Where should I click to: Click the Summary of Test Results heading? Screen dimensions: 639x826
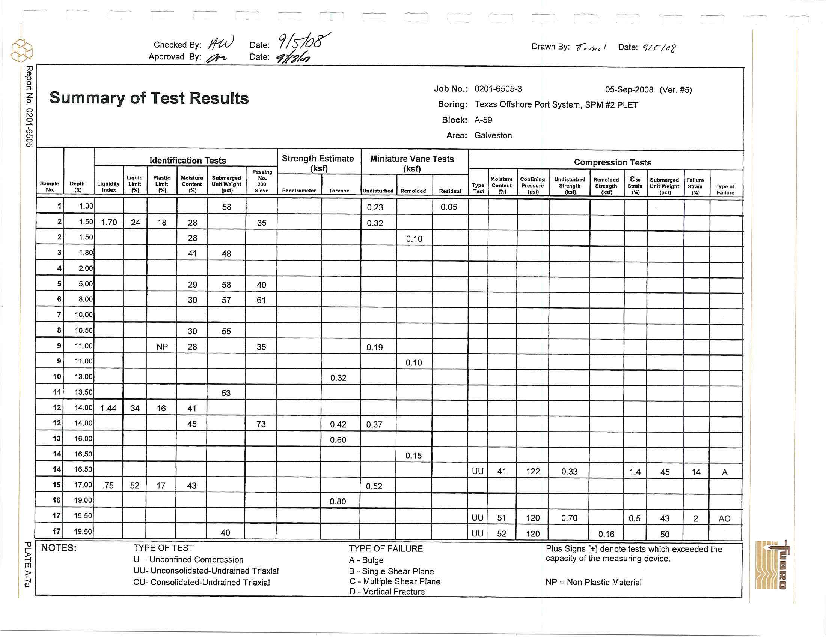[149, 98]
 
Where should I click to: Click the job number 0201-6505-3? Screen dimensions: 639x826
[498, 89]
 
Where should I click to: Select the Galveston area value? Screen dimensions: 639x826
[493, 136]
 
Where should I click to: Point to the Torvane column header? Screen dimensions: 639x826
[339, 191]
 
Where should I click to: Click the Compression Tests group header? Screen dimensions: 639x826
[612, 162]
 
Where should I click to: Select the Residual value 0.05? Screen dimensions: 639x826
[449, 207]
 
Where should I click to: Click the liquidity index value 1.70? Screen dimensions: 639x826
[109, 223]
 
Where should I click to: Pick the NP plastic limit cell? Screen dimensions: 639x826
[162, 347]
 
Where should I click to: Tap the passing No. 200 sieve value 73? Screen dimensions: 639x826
[261, 424]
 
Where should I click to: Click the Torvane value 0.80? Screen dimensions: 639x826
[338, 501]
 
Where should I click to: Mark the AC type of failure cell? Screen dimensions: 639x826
[724, 519]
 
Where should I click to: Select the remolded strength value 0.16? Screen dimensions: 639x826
[606, 534]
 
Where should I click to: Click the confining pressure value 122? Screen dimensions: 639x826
[533, 472]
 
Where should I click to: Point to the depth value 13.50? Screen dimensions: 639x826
[83, 392]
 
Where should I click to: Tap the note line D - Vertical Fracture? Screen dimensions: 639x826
[387, 592]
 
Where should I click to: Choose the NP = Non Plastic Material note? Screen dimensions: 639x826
[593, 583]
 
